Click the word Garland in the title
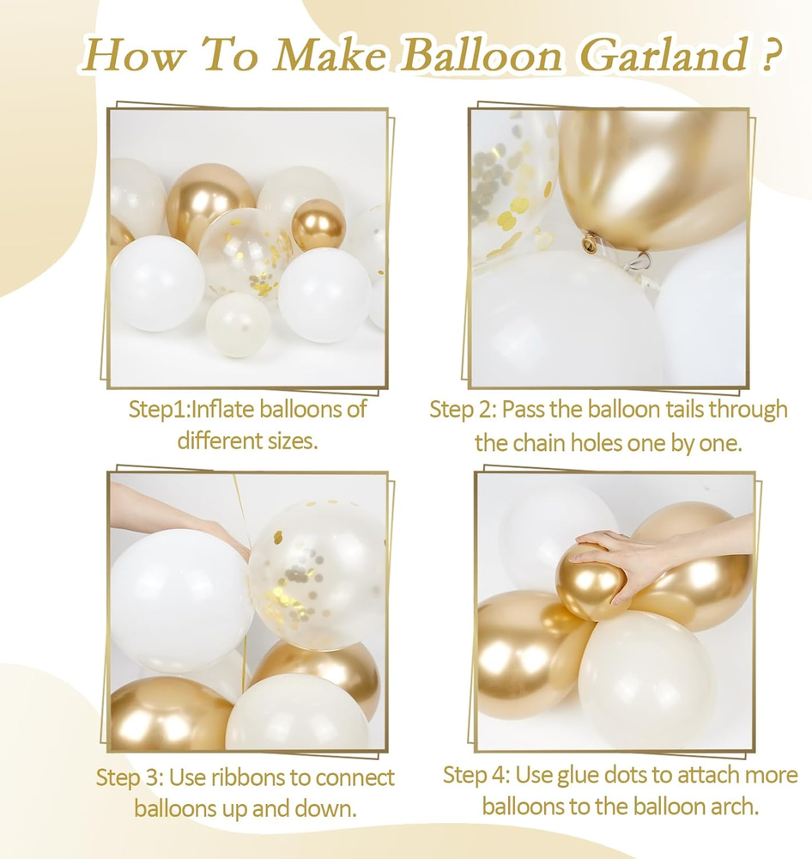[663, 55]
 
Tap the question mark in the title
[769, 54]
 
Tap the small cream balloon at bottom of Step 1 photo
[238, 325]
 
